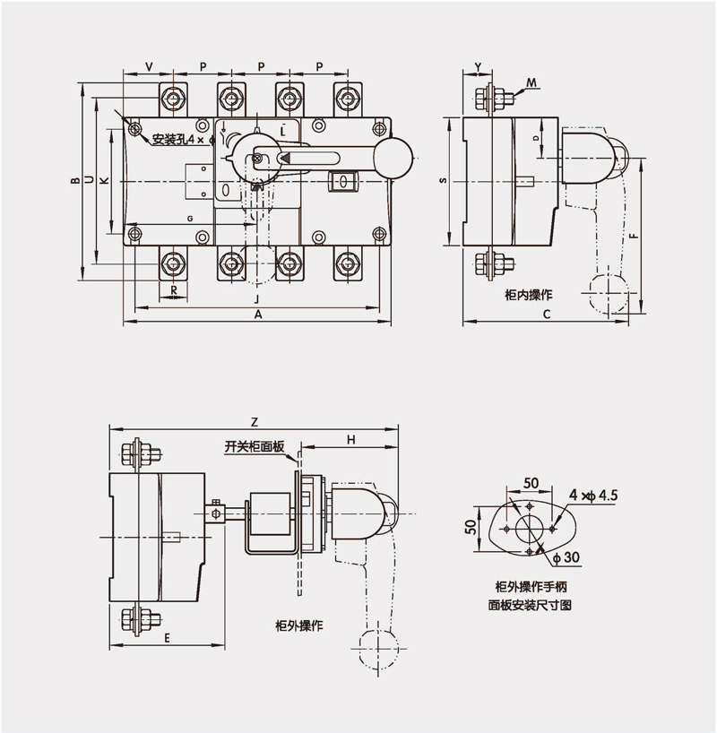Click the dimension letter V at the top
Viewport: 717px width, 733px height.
point(148,67)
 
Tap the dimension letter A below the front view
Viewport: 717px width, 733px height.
point(259,315)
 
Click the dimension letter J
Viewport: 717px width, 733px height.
point(256,298)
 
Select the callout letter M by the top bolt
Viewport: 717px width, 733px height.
point(531,82)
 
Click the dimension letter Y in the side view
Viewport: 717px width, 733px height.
point(478,67)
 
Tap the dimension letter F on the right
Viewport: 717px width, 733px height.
point(634,237)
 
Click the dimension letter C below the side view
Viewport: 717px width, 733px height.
point(546,315)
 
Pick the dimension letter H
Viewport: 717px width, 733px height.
point(351,439)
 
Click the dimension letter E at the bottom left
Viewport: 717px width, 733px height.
point(168,637)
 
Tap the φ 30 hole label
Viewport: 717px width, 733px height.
point(566,557)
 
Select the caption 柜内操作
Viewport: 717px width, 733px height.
point(529,294)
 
